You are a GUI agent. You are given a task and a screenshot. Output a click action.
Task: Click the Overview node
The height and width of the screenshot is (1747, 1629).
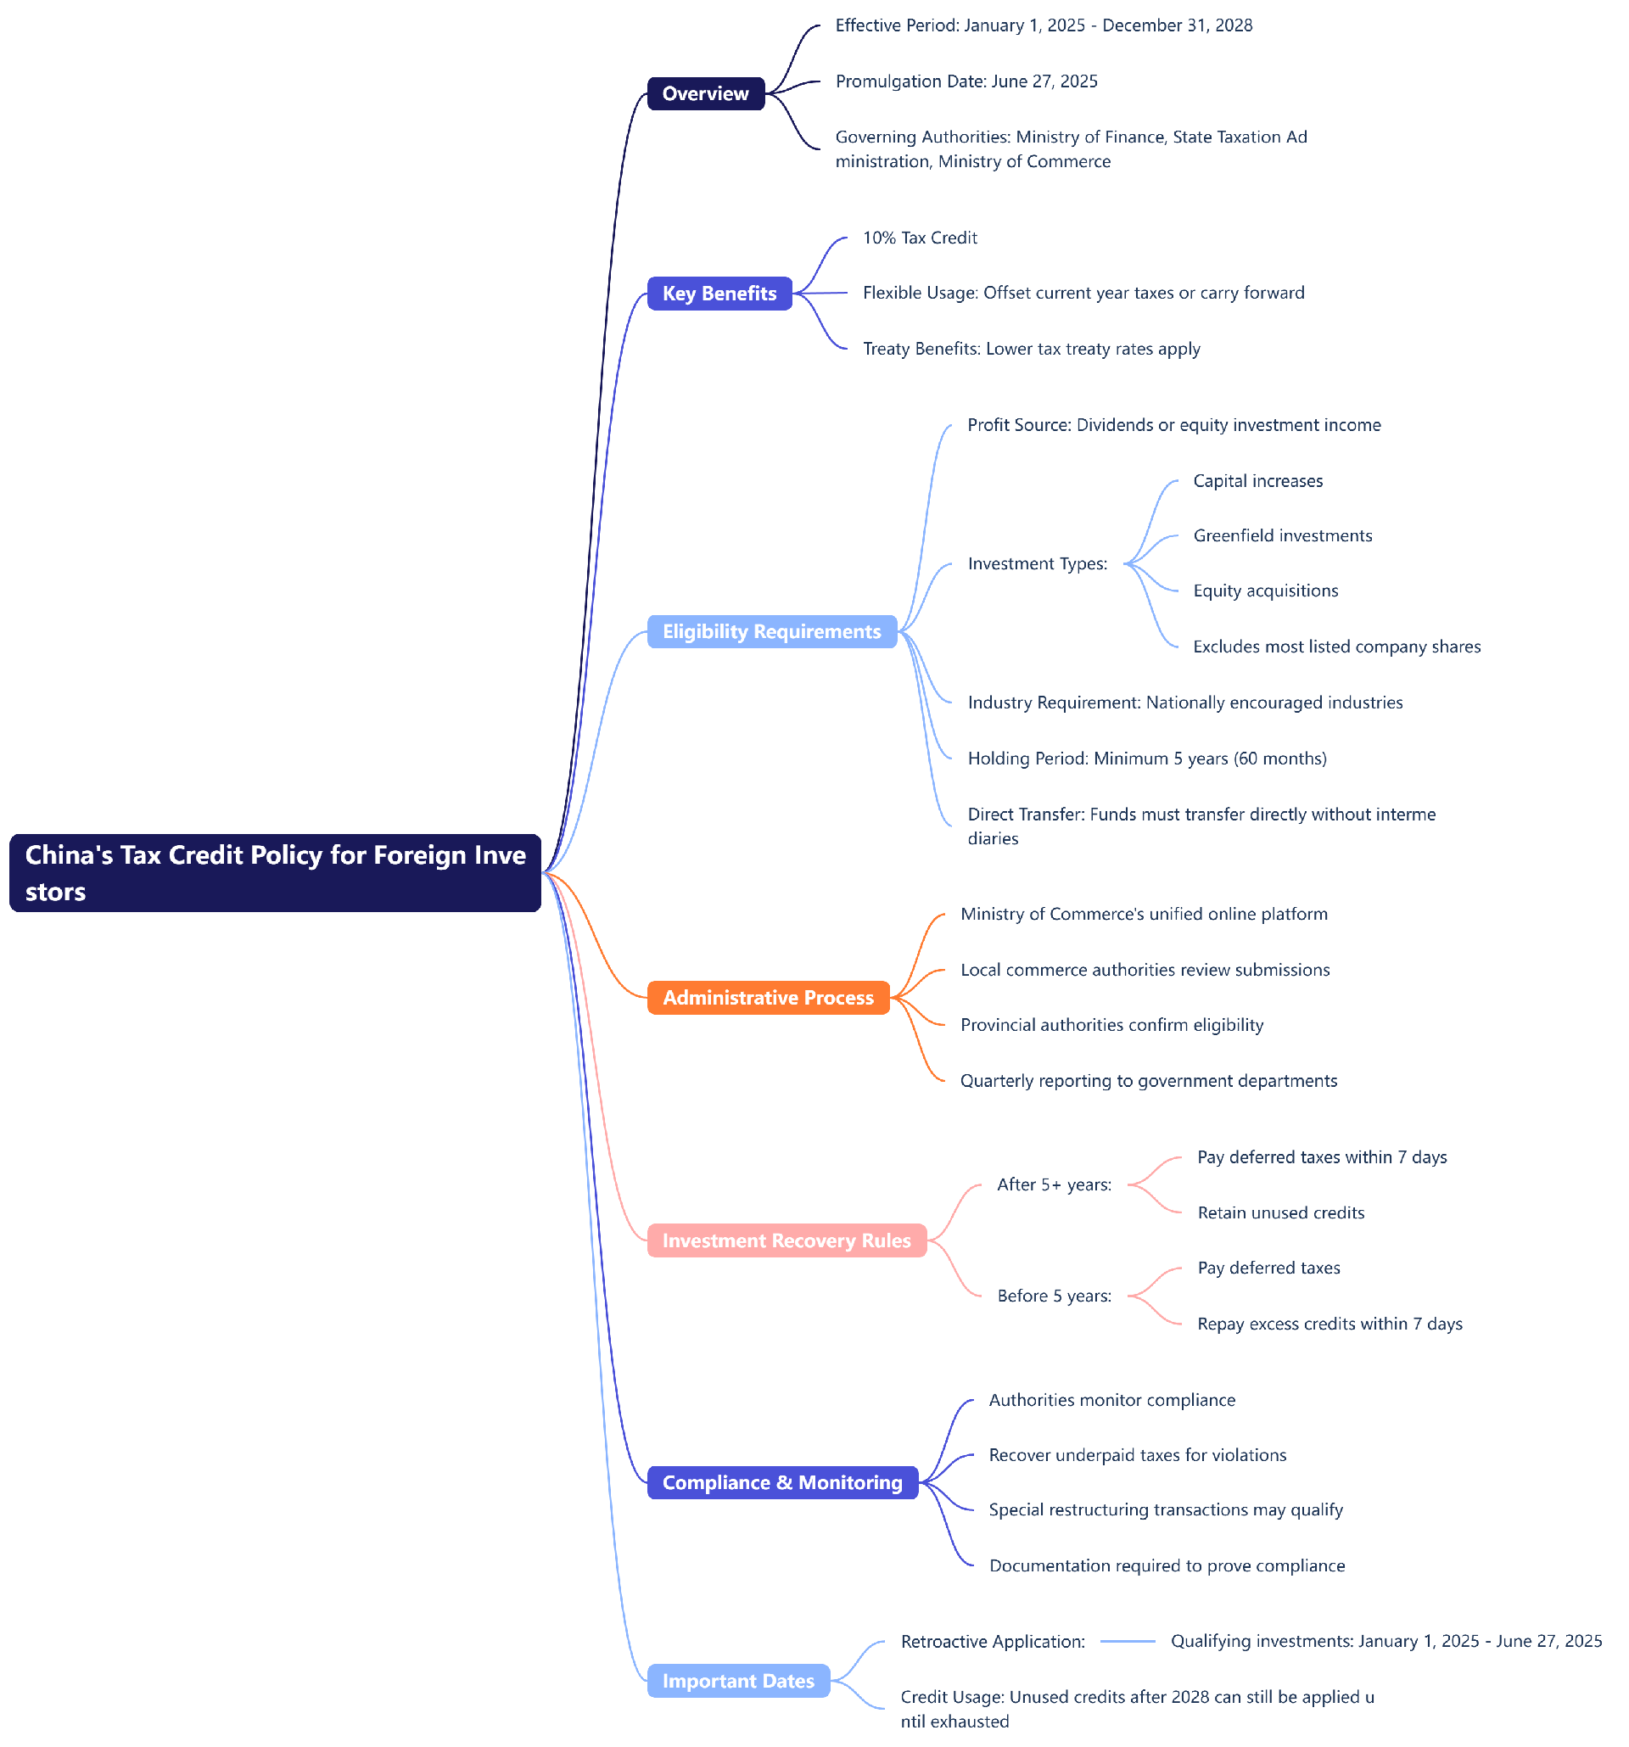click(705, 93)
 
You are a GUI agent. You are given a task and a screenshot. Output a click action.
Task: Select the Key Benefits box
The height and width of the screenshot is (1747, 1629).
click(719, 293)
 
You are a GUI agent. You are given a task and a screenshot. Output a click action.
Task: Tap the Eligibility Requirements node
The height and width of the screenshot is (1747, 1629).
click(770, 631)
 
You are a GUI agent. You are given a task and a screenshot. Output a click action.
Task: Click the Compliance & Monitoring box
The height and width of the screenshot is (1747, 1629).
click(781, 1481)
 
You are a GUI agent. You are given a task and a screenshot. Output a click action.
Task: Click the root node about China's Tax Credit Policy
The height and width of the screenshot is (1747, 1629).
click(274, 871)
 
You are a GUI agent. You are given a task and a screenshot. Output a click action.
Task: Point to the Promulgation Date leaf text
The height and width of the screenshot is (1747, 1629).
click(966, 81)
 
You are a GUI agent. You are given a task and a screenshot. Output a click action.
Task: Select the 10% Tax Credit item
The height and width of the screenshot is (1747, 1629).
click(919, 238)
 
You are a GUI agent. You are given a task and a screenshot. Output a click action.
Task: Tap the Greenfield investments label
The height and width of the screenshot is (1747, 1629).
click(1281, 535)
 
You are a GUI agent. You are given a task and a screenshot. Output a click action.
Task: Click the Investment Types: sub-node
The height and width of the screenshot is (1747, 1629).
click(1037, 563)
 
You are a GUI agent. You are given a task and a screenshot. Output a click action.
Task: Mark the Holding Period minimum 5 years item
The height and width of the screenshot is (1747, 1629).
click(1145, 758)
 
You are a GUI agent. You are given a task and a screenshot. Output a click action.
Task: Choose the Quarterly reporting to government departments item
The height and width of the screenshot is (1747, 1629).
click(1147, 1080)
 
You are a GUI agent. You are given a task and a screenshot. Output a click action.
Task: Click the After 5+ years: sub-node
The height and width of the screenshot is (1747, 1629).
click(1054, 1184)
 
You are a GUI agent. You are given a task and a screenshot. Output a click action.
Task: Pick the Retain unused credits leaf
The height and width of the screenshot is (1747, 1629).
click(1280, 1212)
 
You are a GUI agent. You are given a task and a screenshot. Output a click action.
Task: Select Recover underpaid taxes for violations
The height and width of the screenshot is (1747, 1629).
click(1137, 1454)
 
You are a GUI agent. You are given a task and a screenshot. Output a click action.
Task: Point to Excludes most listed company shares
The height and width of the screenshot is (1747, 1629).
click(1335, 646)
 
